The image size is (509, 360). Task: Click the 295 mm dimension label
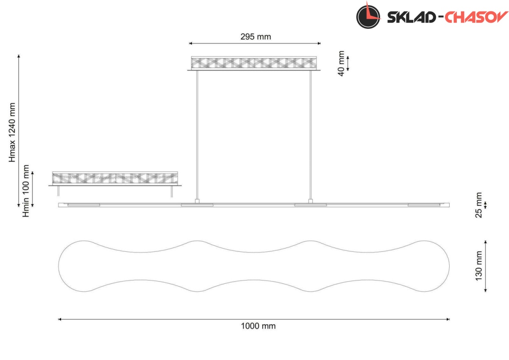pyautogui.click(x=256, y=37)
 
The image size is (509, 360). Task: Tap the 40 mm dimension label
pyautogui.click(x=341, y=63)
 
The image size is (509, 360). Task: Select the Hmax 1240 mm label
pyautogui.click(x=12, y=132)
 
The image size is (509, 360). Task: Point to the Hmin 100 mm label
pyautogui.click(x=26, y=191)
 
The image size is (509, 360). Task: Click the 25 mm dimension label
pyautogui.click(x=478, y=205)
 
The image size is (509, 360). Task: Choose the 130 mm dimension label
pyautogui.click(x=478, y=266)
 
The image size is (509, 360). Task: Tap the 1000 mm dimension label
pyautogui.click(x=258, y=326)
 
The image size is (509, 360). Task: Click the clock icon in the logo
pyautogui.click(x=368, y=16)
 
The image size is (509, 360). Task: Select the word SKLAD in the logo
pyautogui.click(x=411, y=17)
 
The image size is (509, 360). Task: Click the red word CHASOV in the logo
pyautogui.click(x=476, y=17)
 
